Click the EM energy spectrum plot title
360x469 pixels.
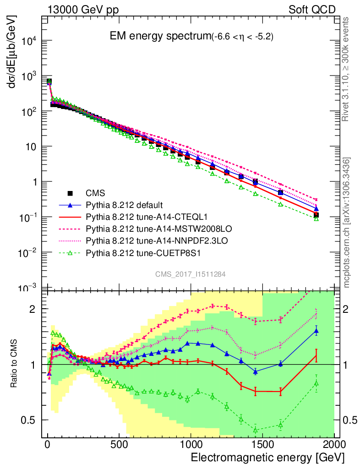[x=191, y=37]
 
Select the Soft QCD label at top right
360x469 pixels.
[x=312, y=10]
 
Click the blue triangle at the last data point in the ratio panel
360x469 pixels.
[x=316, y=331]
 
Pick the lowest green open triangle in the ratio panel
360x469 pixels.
[x=256, y=430]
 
